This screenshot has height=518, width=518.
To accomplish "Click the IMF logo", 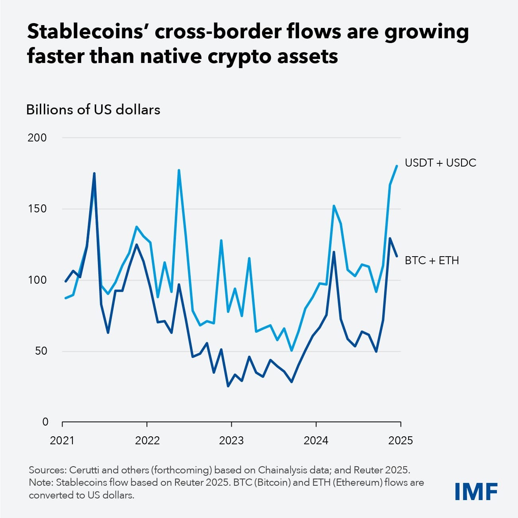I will coord(476,491).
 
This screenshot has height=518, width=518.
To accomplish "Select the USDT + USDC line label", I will coord(440,163).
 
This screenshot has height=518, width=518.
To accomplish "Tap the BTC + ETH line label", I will coord(432,261).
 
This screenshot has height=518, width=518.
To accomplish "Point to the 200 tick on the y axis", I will coord(37,138).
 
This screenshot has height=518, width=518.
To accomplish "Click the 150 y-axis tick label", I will coord(37,209).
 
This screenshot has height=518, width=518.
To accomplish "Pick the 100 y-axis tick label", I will coord(37,280).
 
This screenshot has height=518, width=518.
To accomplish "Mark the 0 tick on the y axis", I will coord(45,422).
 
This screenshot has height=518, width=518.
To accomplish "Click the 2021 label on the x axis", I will coord(62,440).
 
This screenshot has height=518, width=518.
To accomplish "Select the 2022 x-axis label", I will coord(147,440).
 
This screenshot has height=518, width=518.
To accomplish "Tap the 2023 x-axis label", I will coord(231,440).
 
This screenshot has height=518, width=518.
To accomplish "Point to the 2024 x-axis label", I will coord(316,440).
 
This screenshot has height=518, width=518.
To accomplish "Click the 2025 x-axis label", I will coord(400,440).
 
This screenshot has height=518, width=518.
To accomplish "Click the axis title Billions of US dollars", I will coord(93,110).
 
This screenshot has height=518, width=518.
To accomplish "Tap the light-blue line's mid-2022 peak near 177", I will coord(179,170).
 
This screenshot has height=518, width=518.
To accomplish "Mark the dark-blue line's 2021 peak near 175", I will coord(94,173).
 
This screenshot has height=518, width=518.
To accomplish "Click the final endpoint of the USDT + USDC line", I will coord(397,166).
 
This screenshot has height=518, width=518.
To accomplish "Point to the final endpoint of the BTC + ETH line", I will coord(397,256).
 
